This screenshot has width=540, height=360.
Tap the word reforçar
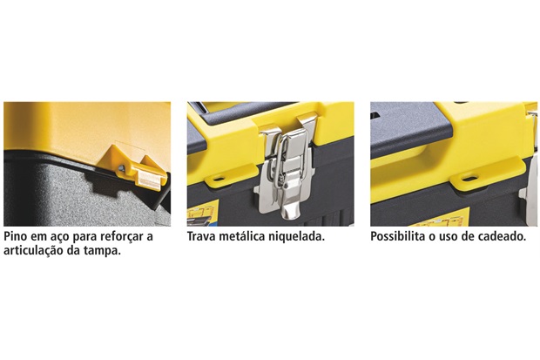[x=122, y=237]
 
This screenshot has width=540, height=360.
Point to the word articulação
[x=34, y=251]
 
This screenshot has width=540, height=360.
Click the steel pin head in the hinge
[x=121, y=168]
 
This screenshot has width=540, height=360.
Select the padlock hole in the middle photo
[x=218, y=179]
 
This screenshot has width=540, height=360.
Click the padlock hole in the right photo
[x=469, y=179]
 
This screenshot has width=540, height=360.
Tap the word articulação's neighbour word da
[x=74, y=251]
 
